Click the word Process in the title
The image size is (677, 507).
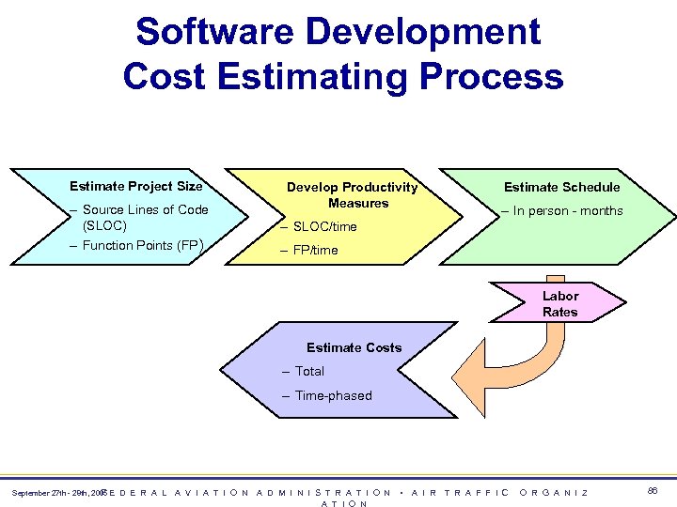[490, 76]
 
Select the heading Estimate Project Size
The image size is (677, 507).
[136, 186]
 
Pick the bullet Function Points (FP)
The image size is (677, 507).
[141, 246]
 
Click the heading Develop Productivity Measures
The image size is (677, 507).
[352, 194]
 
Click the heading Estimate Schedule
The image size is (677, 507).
[561, 187]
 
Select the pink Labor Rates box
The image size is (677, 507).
[560, 303]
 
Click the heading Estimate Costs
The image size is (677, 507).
[354, 347]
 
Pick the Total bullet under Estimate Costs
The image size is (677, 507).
[308, 372]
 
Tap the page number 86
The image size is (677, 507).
[653, 491]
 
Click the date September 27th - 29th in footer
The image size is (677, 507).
[52, 493]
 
